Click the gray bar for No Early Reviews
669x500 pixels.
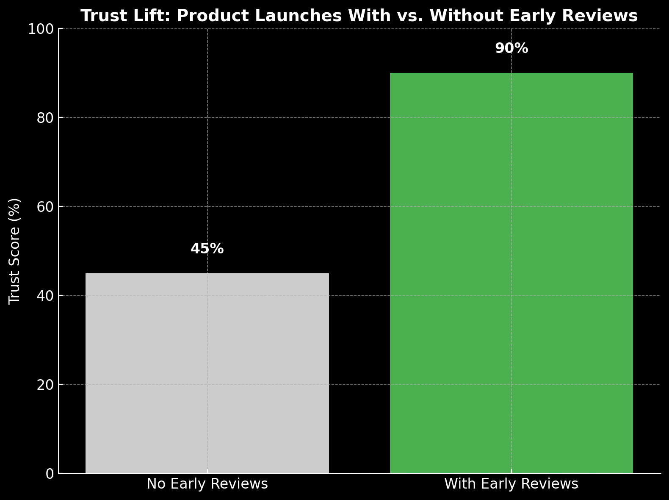(x=207, y=373)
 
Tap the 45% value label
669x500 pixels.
(x=207, y=249)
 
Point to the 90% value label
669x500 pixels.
(x=511, y=48)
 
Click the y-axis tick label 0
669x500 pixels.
(x=50, y=474)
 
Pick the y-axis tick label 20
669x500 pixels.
(x=45, y=385)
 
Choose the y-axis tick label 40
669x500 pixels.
(x=45, y=296)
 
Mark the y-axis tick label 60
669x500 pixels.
(x=45, y=207)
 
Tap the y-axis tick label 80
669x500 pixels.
(x=45, y=118)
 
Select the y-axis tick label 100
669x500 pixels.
(x=41, y=29)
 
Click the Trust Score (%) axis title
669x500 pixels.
(x=15, y=251)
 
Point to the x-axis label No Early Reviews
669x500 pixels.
(x=207, y=484)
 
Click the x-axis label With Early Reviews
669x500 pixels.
(x=511, y=484)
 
